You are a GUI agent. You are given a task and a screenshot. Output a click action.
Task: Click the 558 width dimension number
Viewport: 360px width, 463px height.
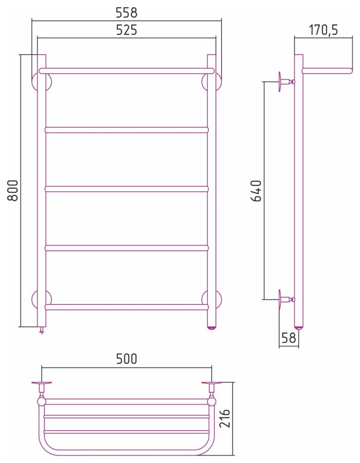click(x=126, y=13)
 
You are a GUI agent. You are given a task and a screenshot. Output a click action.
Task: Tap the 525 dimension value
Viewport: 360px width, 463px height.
click(x=126, y=30)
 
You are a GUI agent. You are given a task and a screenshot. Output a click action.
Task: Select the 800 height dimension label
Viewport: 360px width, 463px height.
click(x=13, y=190)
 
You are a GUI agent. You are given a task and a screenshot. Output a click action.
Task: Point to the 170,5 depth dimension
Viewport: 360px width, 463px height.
click(x=323, y=30)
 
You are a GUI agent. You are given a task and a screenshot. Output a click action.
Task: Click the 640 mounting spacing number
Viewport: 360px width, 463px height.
click(x=256, y=191)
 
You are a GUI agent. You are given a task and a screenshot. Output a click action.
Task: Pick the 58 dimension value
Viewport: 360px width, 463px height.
click(x=289, y=338)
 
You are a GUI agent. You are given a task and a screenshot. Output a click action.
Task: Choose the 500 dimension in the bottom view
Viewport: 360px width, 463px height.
click(x=126, y=359)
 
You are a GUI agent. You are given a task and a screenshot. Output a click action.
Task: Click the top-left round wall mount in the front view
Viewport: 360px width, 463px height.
click(x=41, y=82)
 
